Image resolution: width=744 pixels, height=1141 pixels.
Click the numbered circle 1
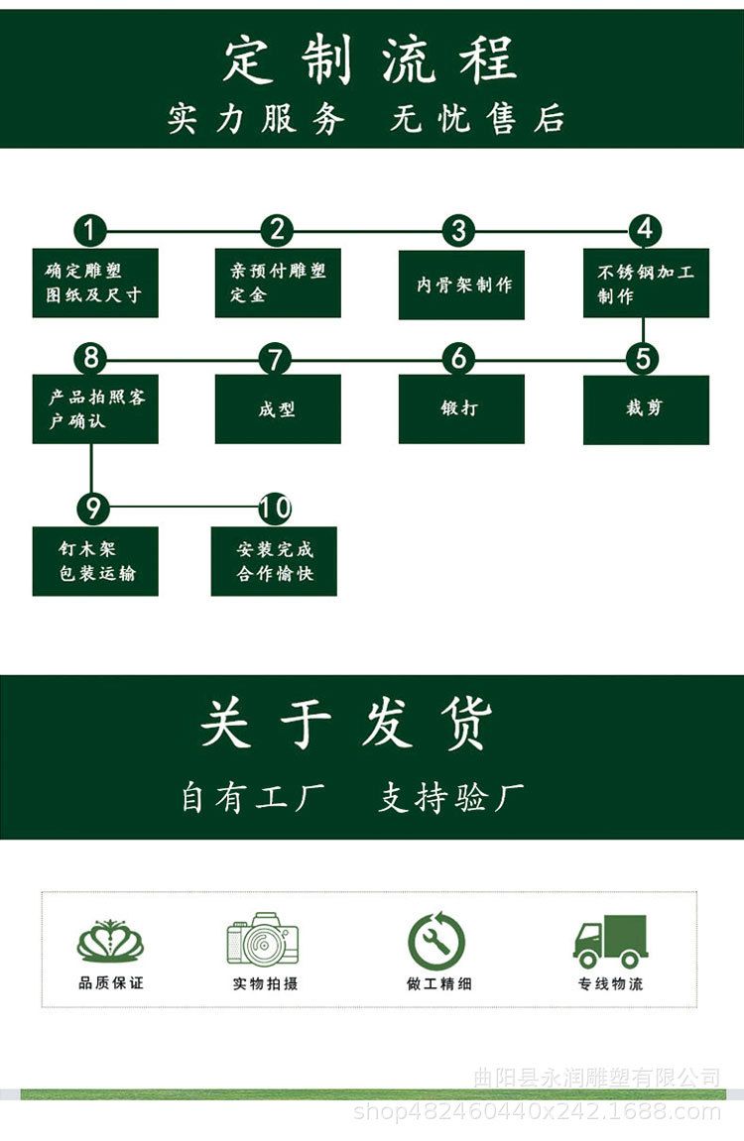click(x=90, y=231)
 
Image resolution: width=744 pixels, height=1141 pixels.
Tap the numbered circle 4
click(x=645, y=230)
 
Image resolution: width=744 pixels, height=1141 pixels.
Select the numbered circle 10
click(x=275, y=509)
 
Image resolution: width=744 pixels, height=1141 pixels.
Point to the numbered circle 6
click(x=458, y=358)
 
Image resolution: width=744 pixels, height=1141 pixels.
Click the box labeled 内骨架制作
click(x=461, y=285)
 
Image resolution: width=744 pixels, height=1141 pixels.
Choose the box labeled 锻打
click(x=461, y=408)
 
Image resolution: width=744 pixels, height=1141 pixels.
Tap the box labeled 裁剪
click(x=646, y=409)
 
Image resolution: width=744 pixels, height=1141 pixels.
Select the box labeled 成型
click(x=278, y=408)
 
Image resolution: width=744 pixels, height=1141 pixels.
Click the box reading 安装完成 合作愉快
click(x=274, y=561)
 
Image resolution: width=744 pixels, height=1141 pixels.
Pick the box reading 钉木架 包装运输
click(x=95, y=561)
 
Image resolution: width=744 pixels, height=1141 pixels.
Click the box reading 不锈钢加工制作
click(x=646, y=284)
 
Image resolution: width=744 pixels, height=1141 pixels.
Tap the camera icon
click(x=262, y=940)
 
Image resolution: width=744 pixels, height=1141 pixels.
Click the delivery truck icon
click(x=610, y=941)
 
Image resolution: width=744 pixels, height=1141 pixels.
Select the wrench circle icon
click(x=436, y=941)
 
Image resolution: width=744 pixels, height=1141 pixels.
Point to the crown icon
click(x=110, y=941)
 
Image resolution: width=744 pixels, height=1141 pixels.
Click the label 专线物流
click(x=610, y=983)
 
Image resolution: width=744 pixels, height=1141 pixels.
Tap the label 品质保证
click(x=110, y=982)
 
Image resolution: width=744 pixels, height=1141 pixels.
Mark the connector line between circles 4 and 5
click(x=645, y=331)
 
